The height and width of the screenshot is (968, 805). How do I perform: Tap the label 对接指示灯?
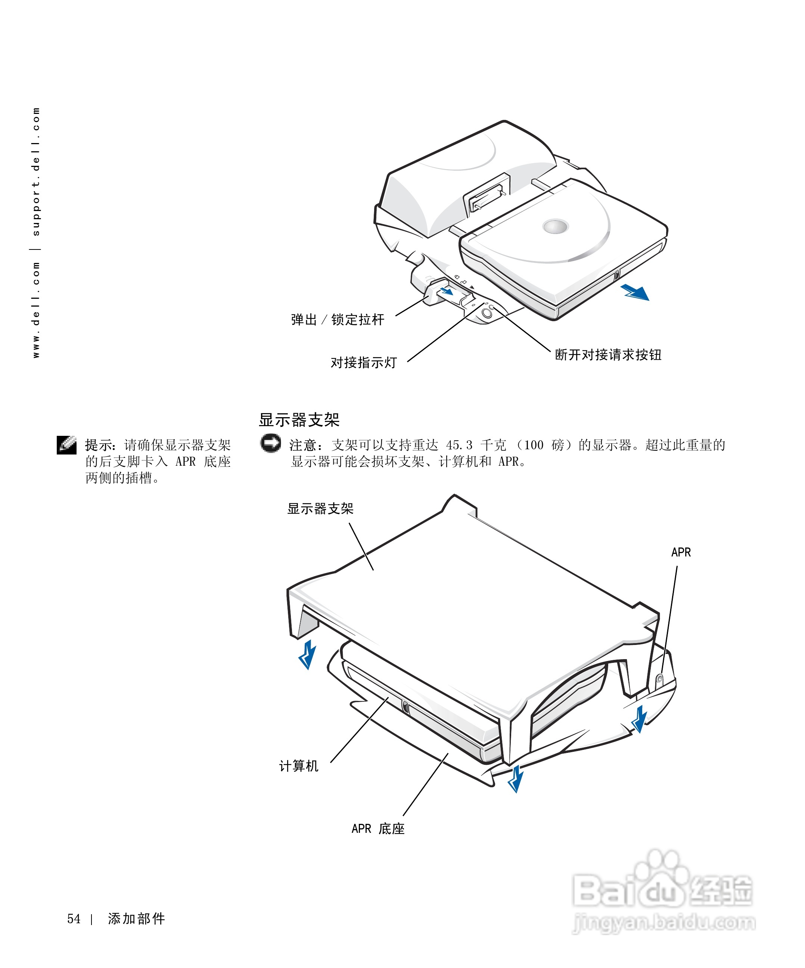click(364, 362)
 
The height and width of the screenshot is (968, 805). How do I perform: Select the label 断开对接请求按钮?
click(608, 354)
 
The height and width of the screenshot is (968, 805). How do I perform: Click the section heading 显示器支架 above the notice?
click(299, 419)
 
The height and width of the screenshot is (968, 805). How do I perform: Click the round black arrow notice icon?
click(270, 443)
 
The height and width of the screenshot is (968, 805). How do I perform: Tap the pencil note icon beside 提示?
click(67, 445)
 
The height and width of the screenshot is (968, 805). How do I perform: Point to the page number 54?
click(74, 919)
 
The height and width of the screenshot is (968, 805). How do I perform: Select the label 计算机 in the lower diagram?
click(299, 766)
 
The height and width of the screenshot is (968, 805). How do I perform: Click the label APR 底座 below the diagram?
click(378, 828)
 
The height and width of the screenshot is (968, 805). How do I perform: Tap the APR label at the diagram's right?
click(681, 552)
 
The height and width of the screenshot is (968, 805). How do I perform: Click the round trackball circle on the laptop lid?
click(556, 226)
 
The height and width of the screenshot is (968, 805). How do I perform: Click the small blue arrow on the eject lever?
click(447, 291)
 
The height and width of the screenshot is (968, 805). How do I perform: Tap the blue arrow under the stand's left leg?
click(307, 654)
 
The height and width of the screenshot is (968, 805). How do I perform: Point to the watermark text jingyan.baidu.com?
click(663, 923)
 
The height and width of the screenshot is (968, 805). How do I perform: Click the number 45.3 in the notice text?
click(459, 445)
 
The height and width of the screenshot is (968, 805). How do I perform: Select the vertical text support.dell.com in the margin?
click(36, 171)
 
